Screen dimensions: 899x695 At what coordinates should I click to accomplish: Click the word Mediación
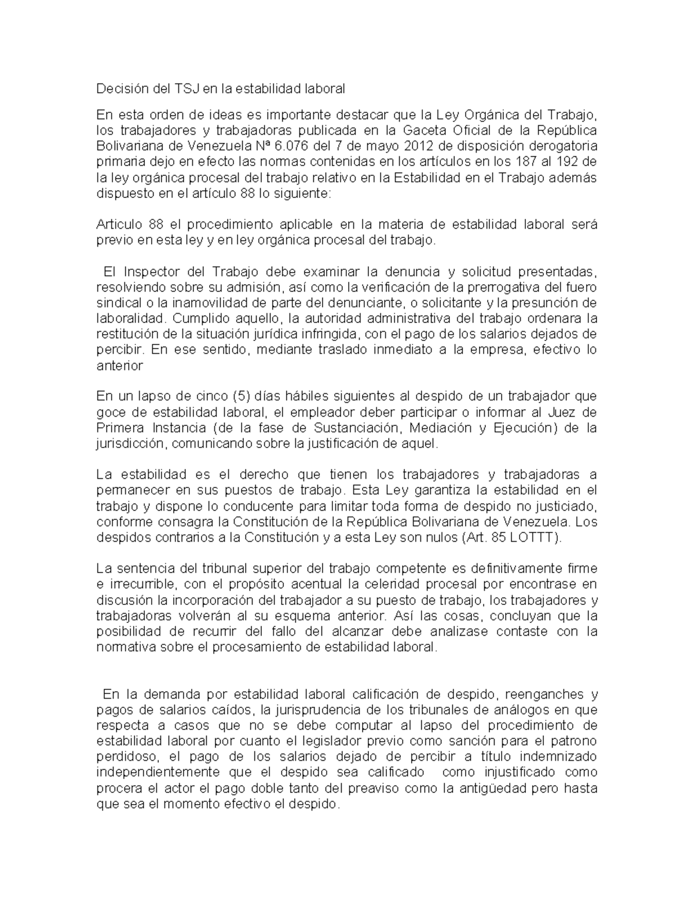click(442, 428)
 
